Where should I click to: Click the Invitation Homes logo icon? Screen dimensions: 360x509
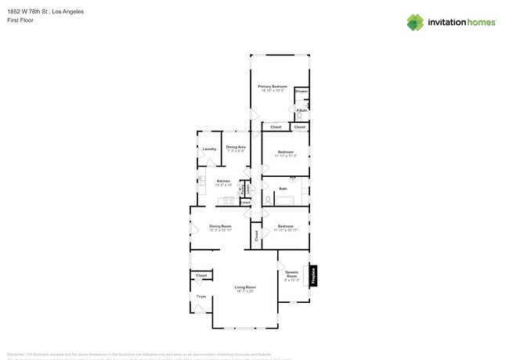pyautogui.click(x=415, y=23)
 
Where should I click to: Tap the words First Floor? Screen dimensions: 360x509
pyautogui.click(x=20, y=20)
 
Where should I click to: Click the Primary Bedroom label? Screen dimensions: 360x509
pyautogui.click(x=273, y=86)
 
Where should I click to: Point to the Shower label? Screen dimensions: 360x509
pyautogui.click(x=301, y=92)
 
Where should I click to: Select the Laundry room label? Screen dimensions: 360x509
pyautogui.click(x=209, y=149)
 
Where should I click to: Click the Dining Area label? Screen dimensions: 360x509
pyautogui.click(x=236, y=147)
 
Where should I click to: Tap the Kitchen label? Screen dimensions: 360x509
pyautogui.click(x=223, y=181)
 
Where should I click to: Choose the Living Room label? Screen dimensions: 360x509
pyautogui.click(x=245, y=287)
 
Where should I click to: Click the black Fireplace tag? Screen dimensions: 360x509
pyautogui.click(x=313, y=275)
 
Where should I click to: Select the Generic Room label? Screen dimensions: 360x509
pyautogui.click(x=291, y=274)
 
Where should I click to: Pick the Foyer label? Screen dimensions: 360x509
pyautogui.click(x=201, y=297)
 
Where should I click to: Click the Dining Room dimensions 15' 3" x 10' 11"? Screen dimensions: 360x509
pyautogui.click(x=220, y=231)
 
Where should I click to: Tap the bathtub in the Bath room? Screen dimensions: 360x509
pyautogui.click(x=283, y=200)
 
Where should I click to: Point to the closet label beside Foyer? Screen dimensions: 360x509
pyautogui.click(x=201, y=275)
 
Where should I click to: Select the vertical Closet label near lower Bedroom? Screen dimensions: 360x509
pyautogui.click(x=256, y=234)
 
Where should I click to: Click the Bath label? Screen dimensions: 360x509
pyautogui.click(x=283, y=189)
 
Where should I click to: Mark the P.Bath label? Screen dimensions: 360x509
pyautogui.click(x=301, y=110)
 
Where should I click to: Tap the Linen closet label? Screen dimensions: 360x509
pyautogui.click(x=245, y=203)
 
